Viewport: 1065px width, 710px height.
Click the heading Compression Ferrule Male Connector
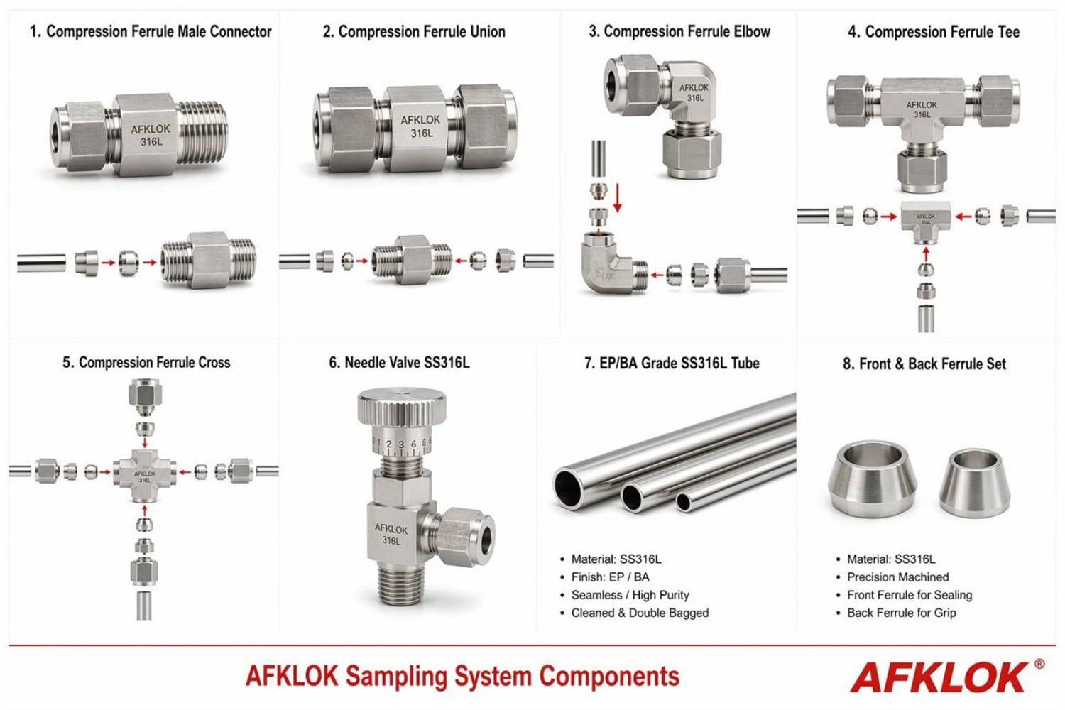pos(151,32)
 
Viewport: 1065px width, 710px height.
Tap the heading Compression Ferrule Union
pos(414,32)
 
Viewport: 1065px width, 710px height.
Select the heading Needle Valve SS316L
pos(399,363)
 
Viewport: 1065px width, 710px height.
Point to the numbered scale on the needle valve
pos(402,444)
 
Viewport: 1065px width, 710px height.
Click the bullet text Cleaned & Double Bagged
pos(640,613)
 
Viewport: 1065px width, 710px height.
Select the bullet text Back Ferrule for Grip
pos(901,613)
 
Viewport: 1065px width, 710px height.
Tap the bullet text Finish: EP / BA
pos(610,577)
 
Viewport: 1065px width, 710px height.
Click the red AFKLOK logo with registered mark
pos(946,677)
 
